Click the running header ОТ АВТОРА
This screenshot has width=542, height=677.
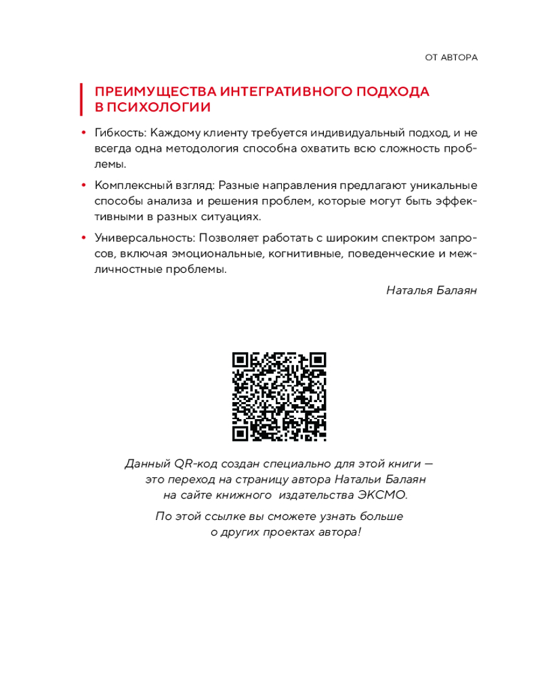pyautogui.click(x=451, y=58)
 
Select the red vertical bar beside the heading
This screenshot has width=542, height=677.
pyautogui.click(x=82, y=100)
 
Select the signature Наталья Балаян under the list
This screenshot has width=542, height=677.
pyautogui.click(x=432, y=290)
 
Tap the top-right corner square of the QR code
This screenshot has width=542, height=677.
pyautogui.click(x=317, y=361)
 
